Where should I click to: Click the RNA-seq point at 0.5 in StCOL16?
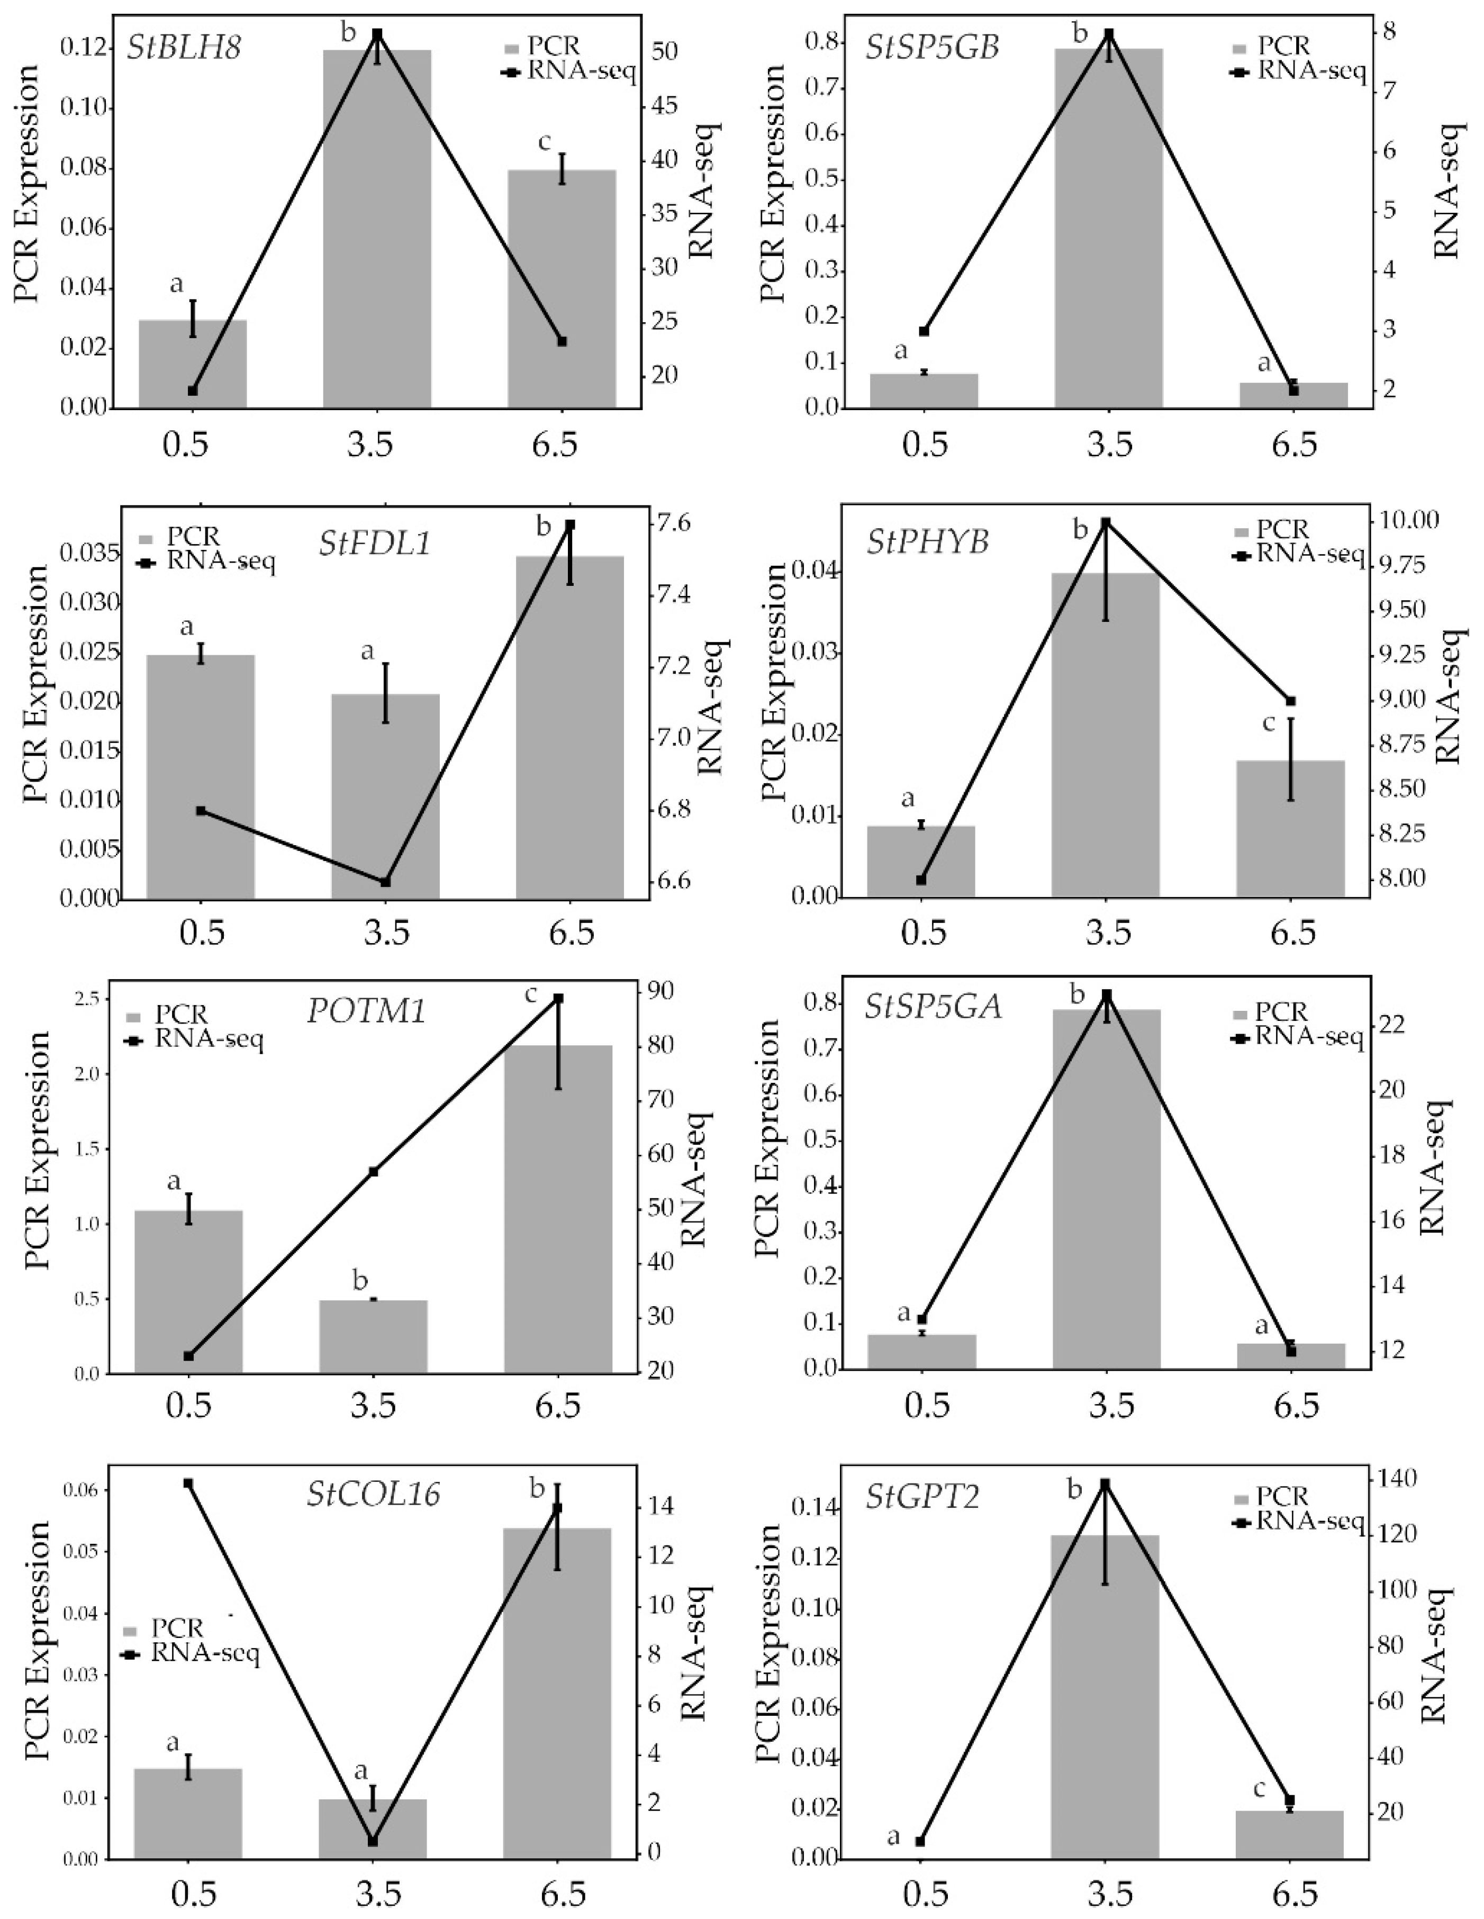point(188,1483)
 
